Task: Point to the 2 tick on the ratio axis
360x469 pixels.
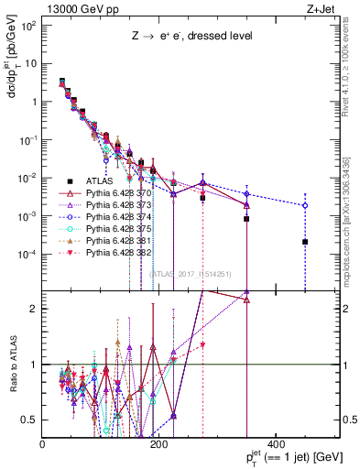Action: click(36, 309)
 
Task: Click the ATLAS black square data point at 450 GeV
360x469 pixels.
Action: click(305, 242)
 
